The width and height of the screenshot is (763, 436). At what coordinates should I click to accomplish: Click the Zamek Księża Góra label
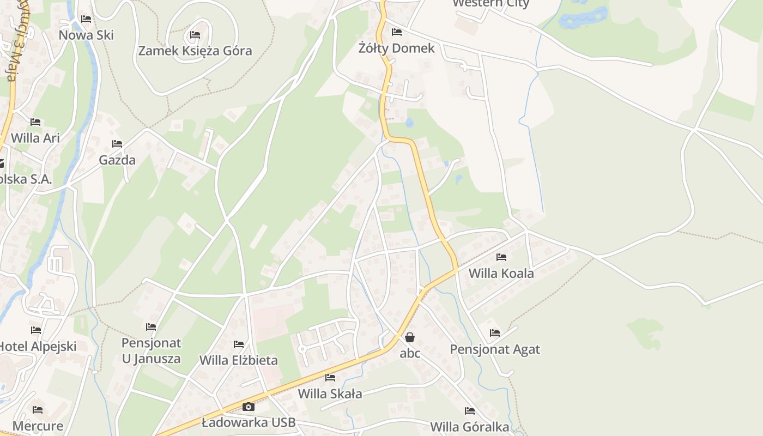click(195, 51)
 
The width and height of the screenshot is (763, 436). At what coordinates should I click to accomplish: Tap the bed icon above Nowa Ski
click(86, 19)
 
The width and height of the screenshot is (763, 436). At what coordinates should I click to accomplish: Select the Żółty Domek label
click(397, 48)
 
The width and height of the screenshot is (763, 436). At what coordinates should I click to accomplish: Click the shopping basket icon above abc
click(410, 338)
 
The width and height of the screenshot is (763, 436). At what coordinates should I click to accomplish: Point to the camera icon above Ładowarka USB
click(249, 407)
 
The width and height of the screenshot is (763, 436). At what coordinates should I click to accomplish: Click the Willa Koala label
click(501, 273)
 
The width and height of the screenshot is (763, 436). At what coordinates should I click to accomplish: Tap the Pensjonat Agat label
click(495, 349)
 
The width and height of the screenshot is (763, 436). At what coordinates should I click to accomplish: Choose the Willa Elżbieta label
click(238, 360)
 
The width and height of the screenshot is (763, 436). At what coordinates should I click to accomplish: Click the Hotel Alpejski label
click(37, 346)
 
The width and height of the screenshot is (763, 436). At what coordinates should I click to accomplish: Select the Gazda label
click(117, 160)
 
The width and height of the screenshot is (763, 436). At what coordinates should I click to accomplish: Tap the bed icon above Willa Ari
click(35, 122)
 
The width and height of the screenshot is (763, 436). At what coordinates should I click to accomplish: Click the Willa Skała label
click(330, 393)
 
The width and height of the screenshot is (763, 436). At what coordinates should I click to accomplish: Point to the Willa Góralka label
click(469, 427)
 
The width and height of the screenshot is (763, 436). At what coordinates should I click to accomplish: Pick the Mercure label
click(38, 426)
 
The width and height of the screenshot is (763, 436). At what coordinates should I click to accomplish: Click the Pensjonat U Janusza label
click(151, 351)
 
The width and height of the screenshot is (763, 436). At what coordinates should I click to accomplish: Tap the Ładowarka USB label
click(249, 422)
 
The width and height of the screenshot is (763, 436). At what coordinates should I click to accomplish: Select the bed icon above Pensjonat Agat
click(495, 333)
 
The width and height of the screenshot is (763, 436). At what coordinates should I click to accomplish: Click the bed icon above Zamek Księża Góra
click(195, 35)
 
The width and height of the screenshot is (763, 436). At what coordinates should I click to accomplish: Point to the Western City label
click(491, 3)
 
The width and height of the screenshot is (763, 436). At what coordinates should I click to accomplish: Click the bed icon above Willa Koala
click(501, 257)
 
